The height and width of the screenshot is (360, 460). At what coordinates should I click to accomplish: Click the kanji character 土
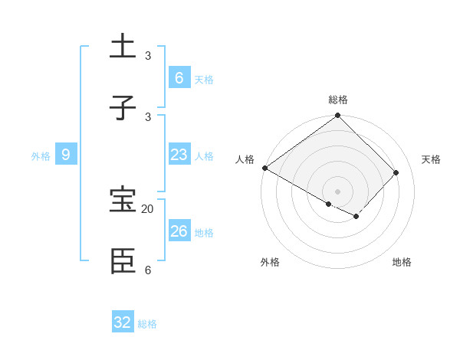pos(123,45)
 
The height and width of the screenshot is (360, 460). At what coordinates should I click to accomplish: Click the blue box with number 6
pos(179,77)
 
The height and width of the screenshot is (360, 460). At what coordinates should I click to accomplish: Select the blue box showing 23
pos(179,155)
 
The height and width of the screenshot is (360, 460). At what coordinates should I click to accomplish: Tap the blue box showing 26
pos(179,231)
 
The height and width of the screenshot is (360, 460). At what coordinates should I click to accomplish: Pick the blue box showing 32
pos(123,322)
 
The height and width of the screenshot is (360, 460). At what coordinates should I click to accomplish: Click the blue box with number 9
pos(66,155)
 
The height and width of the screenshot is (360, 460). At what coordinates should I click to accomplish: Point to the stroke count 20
pos(148,209)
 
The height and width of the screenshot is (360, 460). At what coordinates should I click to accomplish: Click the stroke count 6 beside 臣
pos(148,270)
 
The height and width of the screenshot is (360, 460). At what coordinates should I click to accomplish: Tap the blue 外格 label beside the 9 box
pos(41,156)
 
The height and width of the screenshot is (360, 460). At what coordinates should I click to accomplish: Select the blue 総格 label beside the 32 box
pos(147,324)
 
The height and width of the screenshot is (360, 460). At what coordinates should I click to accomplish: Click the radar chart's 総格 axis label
pos(338,100)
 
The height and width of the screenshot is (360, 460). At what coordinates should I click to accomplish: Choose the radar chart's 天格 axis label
pos(431,159)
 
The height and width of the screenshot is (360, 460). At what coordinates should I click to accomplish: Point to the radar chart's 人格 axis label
pos(245,159)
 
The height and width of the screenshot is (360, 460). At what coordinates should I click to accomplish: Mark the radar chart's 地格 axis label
pos(402,262)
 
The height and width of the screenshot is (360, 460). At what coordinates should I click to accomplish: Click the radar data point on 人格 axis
pos(264,168)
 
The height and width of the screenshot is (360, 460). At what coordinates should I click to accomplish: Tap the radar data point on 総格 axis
pos(338,116)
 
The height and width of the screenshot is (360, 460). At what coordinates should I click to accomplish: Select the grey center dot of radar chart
pos(338,191)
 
